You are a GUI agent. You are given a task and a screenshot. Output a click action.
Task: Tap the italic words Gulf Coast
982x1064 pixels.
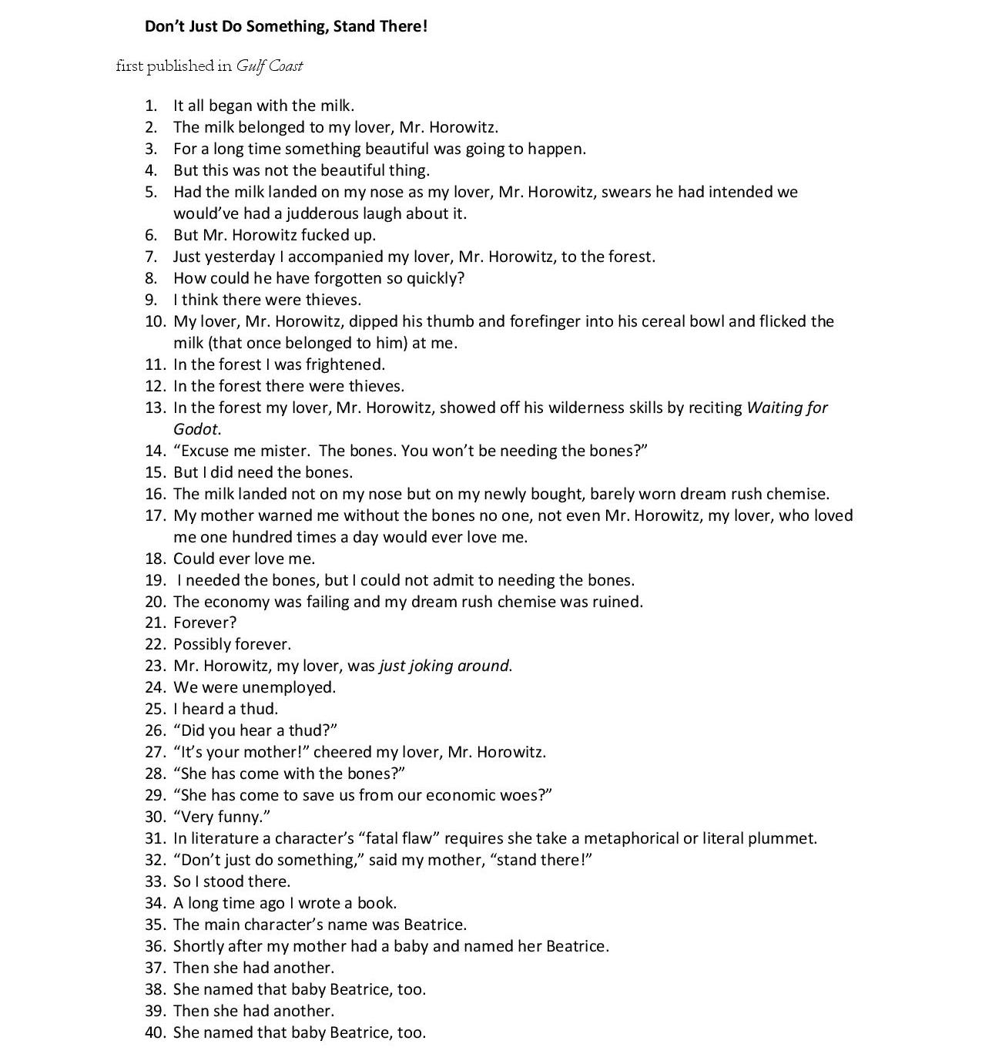(x=269, y=66)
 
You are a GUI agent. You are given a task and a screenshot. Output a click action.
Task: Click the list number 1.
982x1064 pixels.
(x=151, y=106)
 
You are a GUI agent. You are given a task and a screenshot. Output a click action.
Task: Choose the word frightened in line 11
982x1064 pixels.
(x=344, y=364)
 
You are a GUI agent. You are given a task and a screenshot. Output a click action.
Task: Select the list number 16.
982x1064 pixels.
(x=155, y=494)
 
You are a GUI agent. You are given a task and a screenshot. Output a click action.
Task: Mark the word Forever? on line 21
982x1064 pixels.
(x=205, y=623)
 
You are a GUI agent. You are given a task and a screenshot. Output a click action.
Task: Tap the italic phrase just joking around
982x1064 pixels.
(x=444, y=666)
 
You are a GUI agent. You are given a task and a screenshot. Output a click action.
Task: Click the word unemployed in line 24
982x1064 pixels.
(x=288, y=687)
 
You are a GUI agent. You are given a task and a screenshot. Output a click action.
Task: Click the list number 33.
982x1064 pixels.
(x=155, y=881)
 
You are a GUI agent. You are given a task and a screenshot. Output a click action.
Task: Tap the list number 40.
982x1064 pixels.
(x=155, y=1032)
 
